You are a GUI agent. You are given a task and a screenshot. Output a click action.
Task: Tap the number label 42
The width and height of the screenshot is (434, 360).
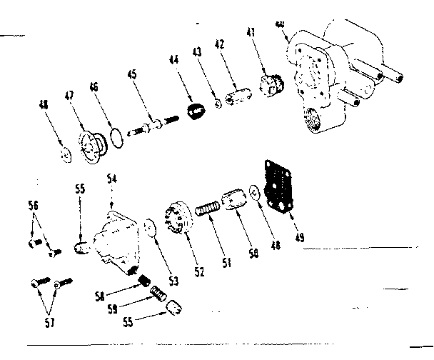tap(220, 44)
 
